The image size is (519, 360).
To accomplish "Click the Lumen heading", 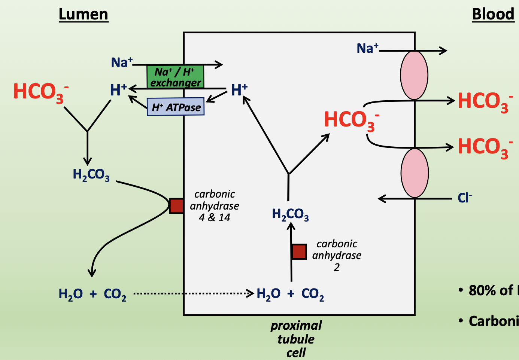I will coord(83,15).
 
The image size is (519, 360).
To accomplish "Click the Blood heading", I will coord(493,15).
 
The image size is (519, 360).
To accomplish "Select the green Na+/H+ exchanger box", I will coord(175,77).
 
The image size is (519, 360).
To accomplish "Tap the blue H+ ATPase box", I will coord(176,107).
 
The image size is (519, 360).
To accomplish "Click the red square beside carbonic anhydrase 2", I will coord(299,251).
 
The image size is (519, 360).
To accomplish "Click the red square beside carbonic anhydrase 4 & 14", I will coord(176,206).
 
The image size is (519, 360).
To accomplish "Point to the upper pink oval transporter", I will coord(414,75).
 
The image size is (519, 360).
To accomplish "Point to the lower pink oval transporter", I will coord(414,173).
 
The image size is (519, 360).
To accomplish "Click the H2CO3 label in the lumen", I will coord(91,175).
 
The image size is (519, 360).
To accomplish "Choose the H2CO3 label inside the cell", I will coord(290,214).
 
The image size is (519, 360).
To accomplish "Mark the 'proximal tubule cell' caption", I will coord(296,339).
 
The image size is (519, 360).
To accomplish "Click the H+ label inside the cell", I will coord(239,90).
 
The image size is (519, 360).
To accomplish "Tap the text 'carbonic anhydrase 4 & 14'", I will coord(215,206).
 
